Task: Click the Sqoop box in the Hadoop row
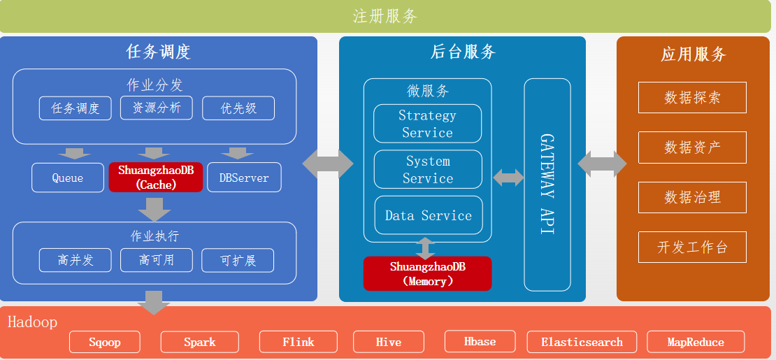(105, 342)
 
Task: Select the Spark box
(200, 342)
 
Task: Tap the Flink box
(299, 342)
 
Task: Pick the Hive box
(389, 342)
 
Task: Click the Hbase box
(480, 341)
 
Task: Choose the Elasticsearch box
(582, 342)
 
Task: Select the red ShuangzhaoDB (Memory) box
(427, 273)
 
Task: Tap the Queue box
(68, 178)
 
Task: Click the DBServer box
(244, 178)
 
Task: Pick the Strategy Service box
(427, 124)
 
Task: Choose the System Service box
(428, 169)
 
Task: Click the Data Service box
(428, 215)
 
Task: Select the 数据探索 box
(692, 98)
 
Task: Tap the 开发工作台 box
(692, 247)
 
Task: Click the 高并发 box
(75, 260)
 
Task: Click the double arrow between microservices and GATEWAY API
(508, 177)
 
